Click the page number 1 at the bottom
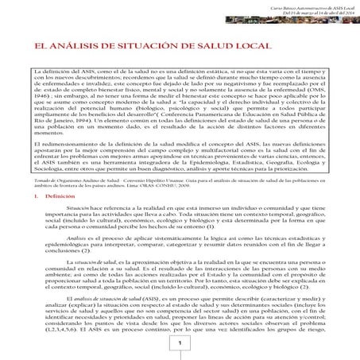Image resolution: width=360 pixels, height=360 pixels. coord(180,343)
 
